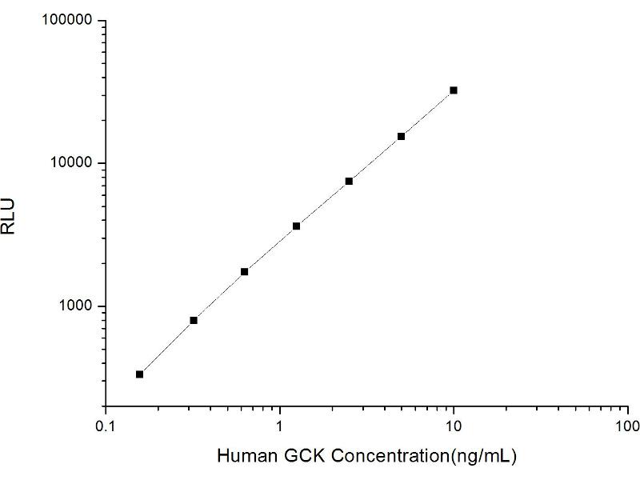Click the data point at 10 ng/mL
pos(454,90)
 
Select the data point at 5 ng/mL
pos(401,136)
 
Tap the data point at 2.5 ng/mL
pos(349,181)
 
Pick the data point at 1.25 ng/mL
pos(296,226)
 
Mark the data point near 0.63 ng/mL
pos(244,272)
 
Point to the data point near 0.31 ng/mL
pos(193,320)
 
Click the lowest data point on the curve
pos(139,374)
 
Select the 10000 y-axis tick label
pos(72,163)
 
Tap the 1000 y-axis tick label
pos(76,306)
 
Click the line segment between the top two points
pos(427,114)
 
